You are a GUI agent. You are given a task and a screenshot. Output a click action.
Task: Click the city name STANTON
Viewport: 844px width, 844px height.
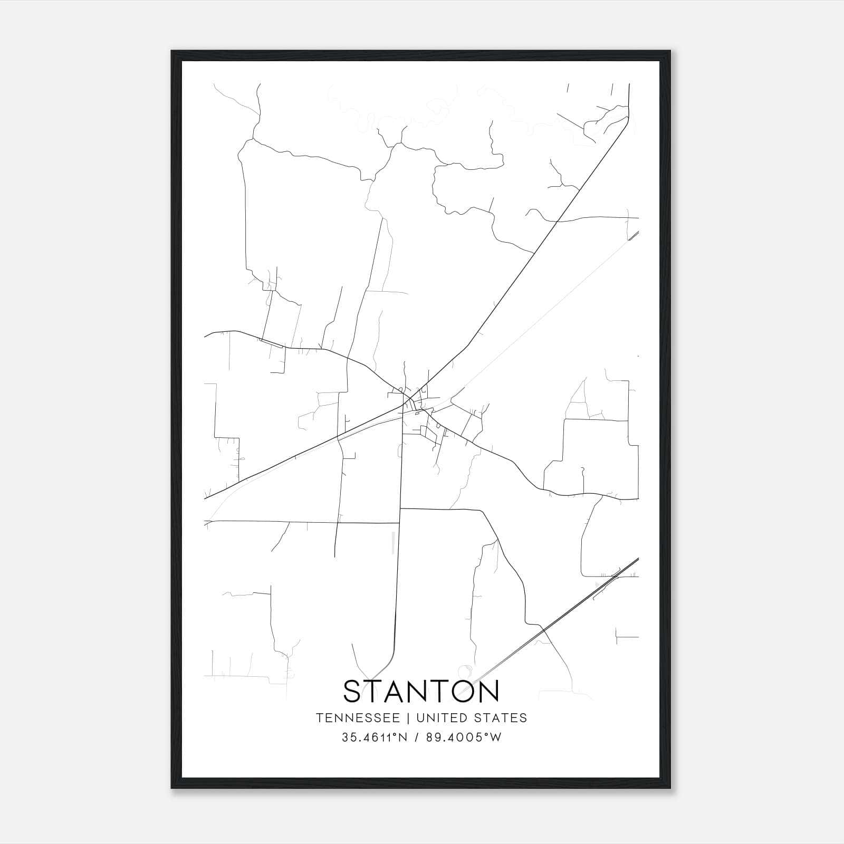coord(421,691)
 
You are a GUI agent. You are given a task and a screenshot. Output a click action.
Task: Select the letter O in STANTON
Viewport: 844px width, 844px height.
coord(457,691)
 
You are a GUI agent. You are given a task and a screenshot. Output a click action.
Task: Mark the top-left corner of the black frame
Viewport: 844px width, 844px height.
coord(172,51)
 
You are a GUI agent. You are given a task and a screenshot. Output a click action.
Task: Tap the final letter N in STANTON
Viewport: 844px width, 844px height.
coord(487,691)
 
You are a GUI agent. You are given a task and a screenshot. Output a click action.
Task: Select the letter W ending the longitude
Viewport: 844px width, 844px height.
coord(496,737)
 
